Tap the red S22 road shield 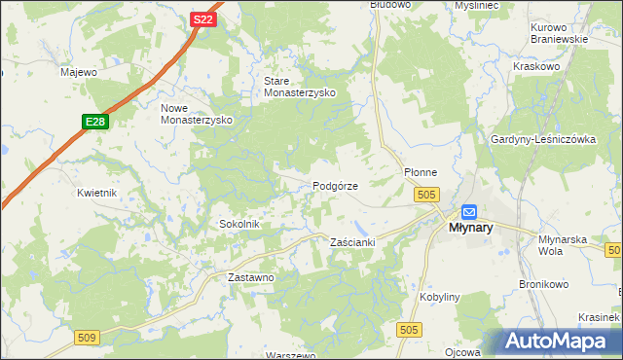point(202,19)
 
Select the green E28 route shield point(94,122)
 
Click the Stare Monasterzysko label point(300,87)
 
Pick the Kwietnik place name point(97,193)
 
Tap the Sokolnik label point(238,224)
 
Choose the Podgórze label point(336,186)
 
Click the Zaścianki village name point(352,241)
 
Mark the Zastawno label point(251,277)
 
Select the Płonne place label point(421,172)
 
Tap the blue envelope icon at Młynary point(469,211)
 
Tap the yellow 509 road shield point(87,337)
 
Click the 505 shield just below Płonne point(424,196)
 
